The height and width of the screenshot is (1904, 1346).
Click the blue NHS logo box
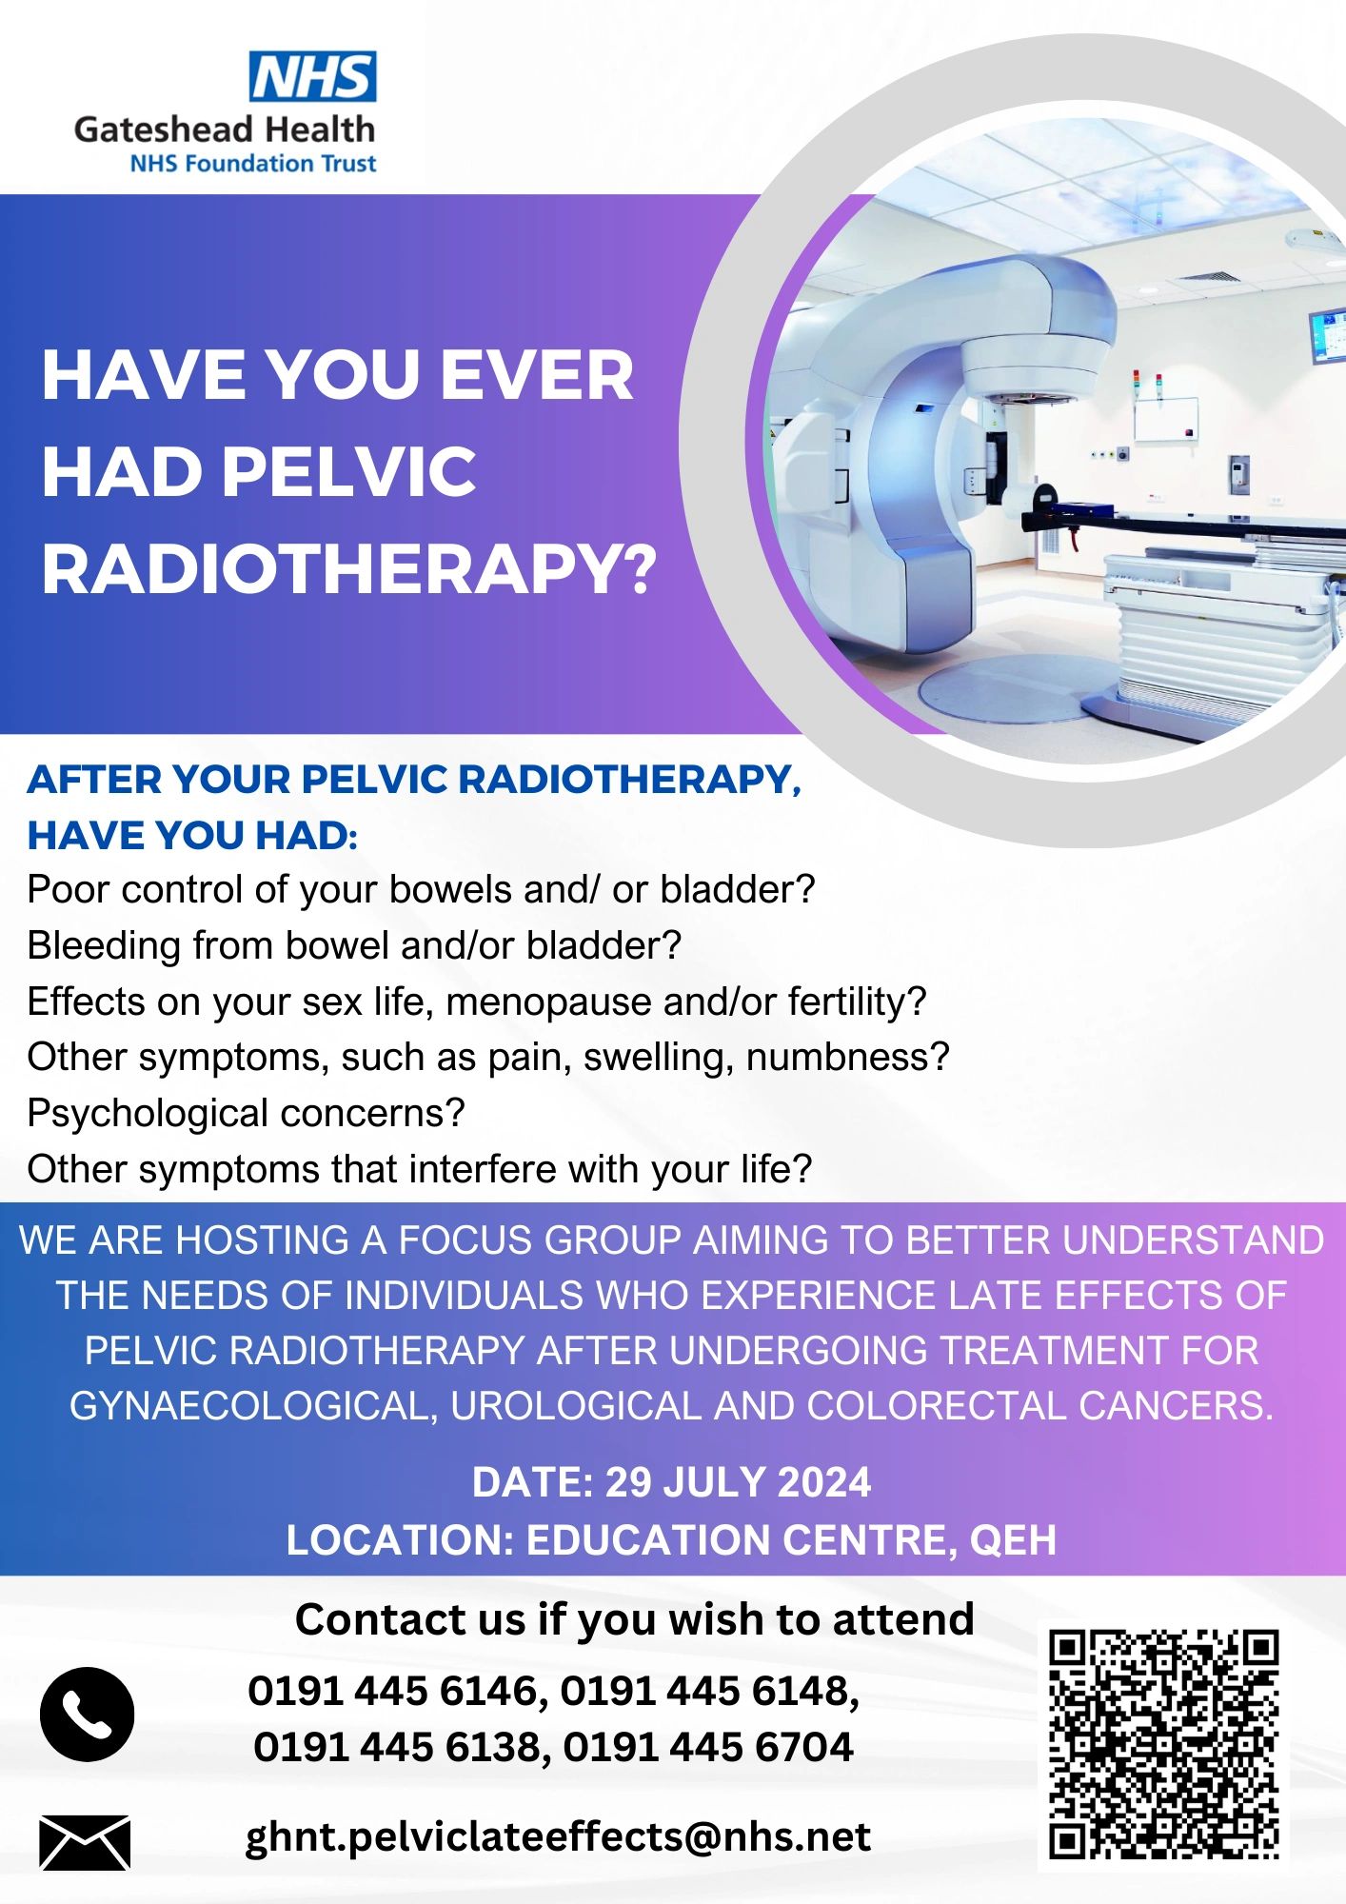point(312,77)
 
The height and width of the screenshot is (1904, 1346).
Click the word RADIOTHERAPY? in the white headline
point(349,569)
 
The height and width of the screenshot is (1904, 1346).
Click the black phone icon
point(87,1714)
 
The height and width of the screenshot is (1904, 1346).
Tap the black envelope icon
point(85,1842)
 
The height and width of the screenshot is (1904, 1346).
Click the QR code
point(1163,1743)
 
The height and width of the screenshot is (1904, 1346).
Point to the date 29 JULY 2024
point(738,1483)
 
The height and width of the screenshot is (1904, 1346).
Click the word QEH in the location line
point(1013,1540)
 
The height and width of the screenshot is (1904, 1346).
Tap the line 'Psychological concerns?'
point(246,1113)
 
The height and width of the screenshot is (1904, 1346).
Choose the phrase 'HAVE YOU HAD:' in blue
point(192,835)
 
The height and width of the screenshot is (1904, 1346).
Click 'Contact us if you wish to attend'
point(634,1619)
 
